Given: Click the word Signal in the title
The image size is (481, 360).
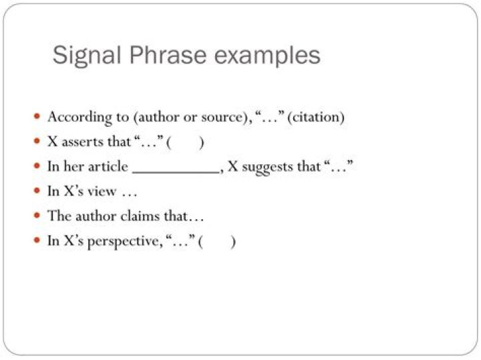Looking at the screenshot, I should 84,55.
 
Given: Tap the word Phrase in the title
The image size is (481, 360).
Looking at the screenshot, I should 172,55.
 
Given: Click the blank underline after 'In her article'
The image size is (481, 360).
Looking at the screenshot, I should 176,167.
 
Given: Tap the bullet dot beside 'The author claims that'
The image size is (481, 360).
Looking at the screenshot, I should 37,216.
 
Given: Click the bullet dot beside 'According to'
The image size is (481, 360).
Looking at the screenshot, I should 37,117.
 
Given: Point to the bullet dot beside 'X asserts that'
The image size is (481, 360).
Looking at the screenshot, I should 37,142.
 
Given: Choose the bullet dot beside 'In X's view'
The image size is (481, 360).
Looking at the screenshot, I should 37,192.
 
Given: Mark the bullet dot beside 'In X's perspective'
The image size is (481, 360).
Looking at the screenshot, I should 37,241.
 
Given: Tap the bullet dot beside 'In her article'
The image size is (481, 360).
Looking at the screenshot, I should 37,167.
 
